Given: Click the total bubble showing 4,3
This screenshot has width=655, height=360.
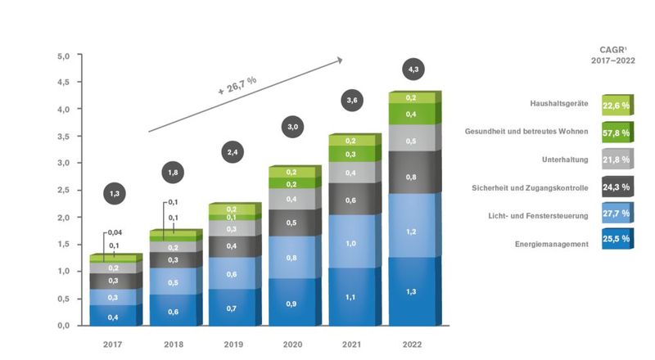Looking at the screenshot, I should (413, 70).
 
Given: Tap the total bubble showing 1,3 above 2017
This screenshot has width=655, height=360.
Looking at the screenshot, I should (116, 193).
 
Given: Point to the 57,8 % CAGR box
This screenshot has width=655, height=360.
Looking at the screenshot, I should (615, 132).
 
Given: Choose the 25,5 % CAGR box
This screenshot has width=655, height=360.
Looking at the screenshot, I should (615, 240).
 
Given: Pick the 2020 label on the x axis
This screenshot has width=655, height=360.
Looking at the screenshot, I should (292, 345).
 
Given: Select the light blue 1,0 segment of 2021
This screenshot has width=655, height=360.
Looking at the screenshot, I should (350, 243).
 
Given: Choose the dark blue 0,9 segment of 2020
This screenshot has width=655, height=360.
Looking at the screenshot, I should (292, 303).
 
